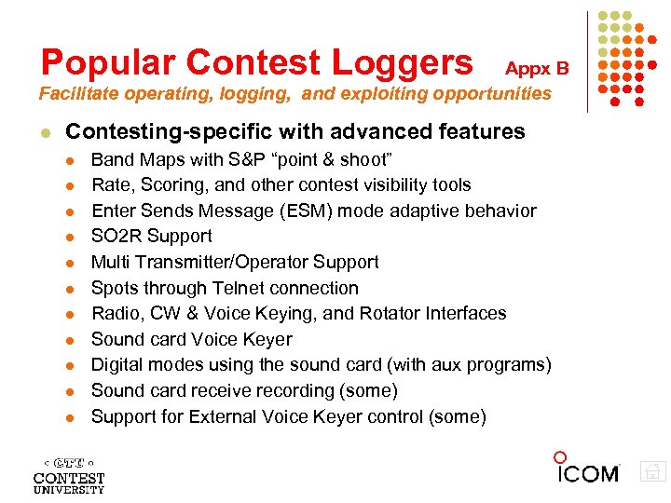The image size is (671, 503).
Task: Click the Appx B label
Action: (x=536, y=68)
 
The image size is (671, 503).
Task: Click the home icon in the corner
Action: (x=653, y=471)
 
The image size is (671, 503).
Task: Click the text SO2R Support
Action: (x=151, y=237)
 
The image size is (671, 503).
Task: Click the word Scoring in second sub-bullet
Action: (x=162, y=185)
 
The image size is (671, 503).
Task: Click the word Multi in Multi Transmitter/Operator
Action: (x=110, y=263)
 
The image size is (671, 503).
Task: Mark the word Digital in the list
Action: (x=117, y=365)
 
